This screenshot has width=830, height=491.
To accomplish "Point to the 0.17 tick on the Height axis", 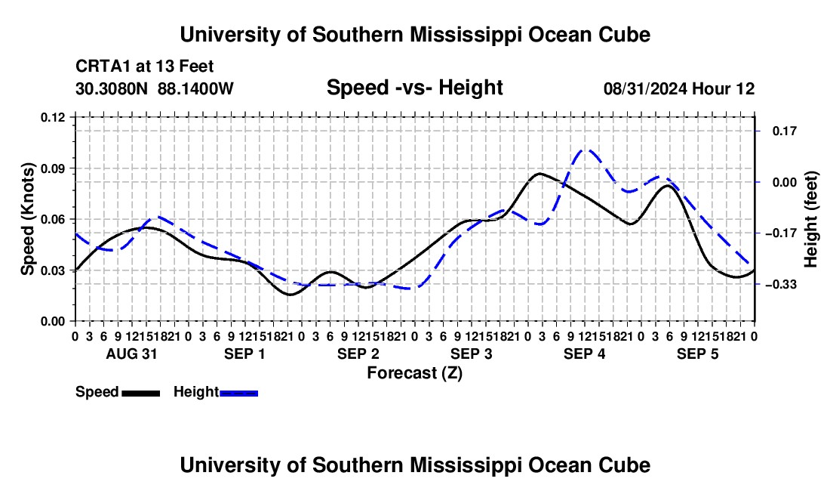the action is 785,131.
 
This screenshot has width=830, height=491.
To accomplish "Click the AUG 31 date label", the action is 132,354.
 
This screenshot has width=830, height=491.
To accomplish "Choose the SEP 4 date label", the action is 584,354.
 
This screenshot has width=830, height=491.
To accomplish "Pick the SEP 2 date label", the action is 358,354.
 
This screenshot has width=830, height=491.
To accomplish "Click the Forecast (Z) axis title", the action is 415,373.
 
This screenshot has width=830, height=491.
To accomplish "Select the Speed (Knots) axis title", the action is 27,219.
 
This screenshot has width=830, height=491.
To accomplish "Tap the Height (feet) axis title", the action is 810,219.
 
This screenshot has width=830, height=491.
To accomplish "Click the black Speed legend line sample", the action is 141,393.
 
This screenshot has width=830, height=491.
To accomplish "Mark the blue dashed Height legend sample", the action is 238,393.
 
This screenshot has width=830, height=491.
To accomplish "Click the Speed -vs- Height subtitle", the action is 415,88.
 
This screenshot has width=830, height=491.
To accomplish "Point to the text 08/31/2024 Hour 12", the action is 679,88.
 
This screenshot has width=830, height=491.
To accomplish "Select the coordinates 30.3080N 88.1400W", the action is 155,88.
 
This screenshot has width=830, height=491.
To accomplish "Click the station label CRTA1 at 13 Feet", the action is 145,66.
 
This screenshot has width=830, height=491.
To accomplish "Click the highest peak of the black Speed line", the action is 539,173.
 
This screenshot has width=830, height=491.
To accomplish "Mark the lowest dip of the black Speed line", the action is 290,295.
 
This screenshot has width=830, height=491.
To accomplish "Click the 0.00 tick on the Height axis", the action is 785,182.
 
